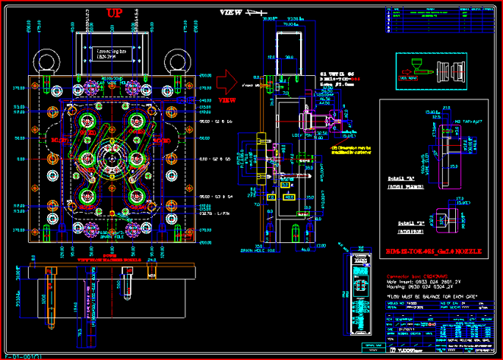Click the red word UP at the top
pyautogui.click(x=113, y=13)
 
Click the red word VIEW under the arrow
pyautogui.click(x=227, y=99)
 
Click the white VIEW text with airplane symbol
pyautogui.click(x=242, y=13)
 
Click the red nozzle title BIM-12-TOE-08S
pyautogui.click(x=430, y=250)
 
